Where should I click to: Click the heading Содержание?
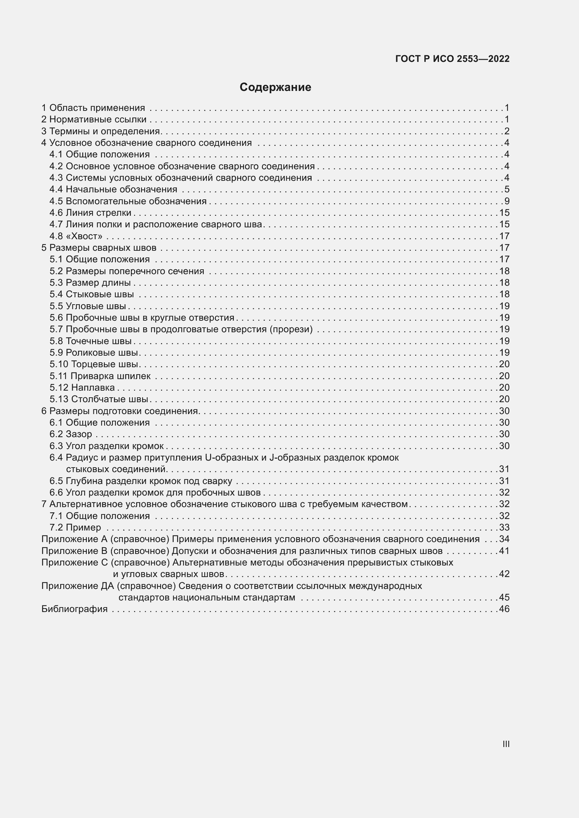(x=275, y=87)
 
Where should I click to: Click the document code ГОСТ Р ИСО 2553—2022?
(x=452, y=59)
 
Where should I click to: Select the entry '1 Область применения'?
(x=93, y=108)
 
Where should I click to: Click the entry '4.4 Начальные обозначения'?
(x=113, y=189)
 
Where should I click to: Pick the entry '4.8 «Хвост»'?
(x=76, y=236)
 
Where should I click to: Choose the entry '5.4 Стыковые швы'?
(x=92, y=294)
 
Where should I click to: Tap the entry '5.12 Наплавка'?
(x=82, y=387)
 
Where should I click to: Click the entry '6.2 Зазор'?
(x=71, y=434)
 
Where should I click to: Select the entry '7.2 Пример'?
(x=75, y=527)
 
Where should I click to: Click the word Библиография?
(x=75, y=609)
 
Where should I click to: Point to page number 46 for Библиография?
(x=504, y=609)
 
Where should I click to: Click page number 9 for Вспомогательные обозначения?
(x=507, y=201)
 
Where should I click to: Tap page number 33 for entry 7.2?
(x=504, y=527)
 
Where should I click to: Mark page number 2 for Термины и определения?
(x=507, y=131)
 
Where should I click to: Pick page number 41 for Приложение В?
(x=504, y=551)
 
